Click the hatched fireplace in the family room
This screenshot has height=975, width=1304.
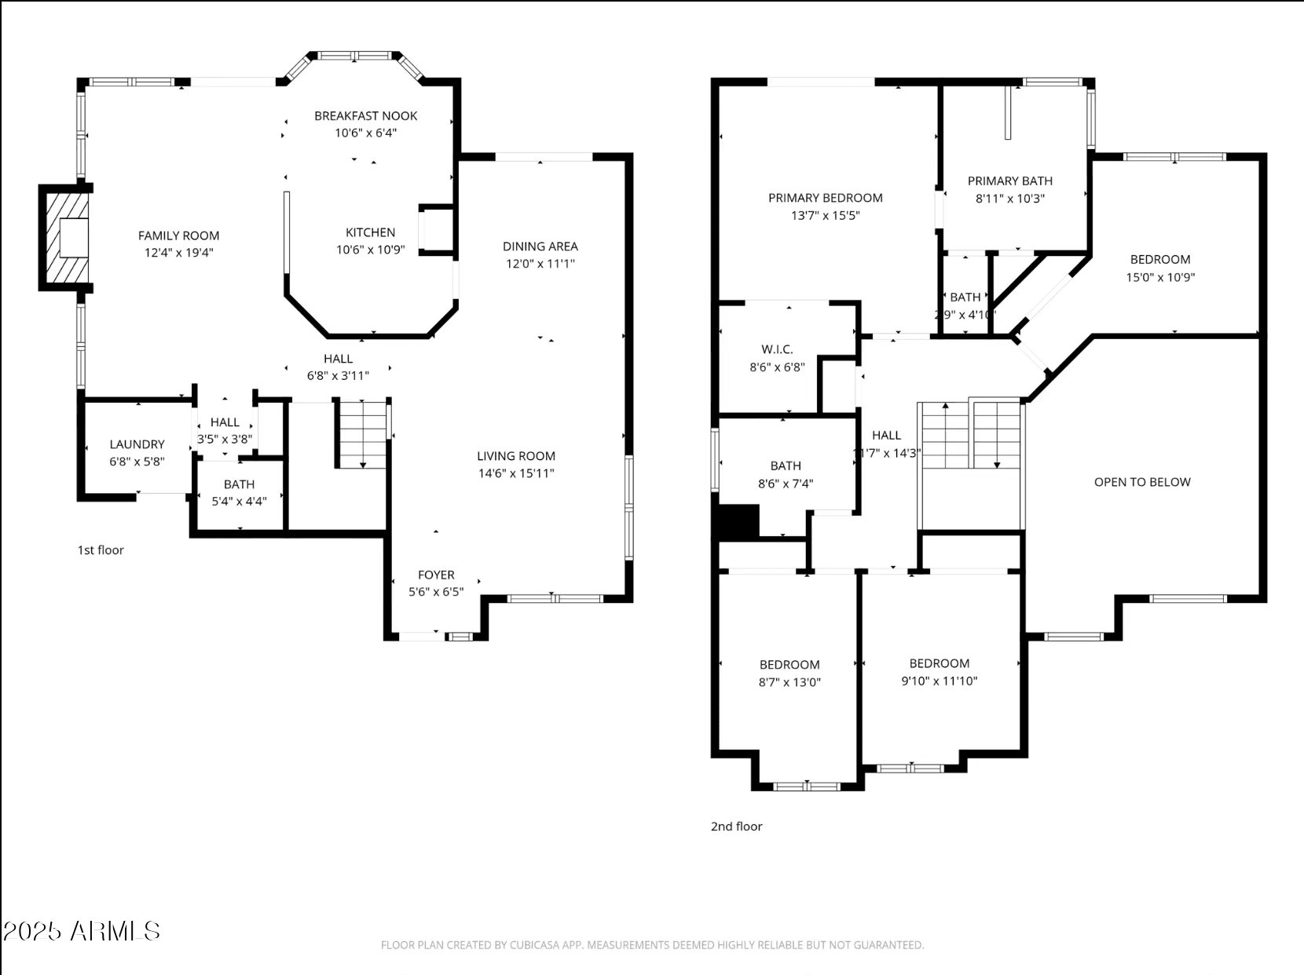pos(64,238)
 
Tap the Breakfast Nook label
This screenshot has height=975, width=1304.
pos(365,116)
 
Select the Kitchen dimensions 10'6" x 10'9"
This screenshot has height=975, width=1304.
pos(370,250)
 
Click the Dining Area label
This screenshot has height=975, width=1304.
pos(540,246)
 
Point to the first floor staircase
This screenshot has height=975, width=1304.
pos(363,434)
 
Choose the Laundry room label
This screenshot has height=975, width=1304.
pos(137,444)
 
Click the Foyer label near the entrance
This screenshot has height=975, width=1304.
pos(436,575)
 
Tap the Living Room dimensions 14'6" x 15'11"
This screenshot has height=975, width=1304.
pos(516,473)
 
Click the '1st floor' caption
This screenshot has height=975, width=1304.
pos(101,550)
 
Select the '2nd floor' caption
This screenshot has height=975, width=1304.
pos(736,827)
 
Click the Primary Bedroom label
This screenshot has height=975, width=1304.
pos(825,198)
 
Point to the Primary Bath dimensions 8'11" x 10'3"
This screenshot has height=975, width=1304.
pos(1009,199)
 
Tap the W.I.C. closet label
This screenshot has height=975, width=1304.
pos(777,349)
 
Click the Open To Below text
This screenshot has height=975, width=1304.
pos(1142,482)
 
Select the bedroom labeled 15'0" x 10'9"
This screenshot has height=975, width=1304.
pos(1160,268)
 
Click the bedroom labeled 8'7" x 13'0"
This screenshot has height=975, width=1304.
pos(789,674)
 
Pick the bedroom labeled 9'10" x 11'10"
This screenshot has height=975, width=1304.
pos(939,672)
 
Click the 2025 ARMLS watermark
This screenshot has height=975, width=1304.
pos(82,931)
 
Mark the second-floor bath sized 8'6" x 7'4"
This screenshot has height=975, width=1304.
pos(786,474)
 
